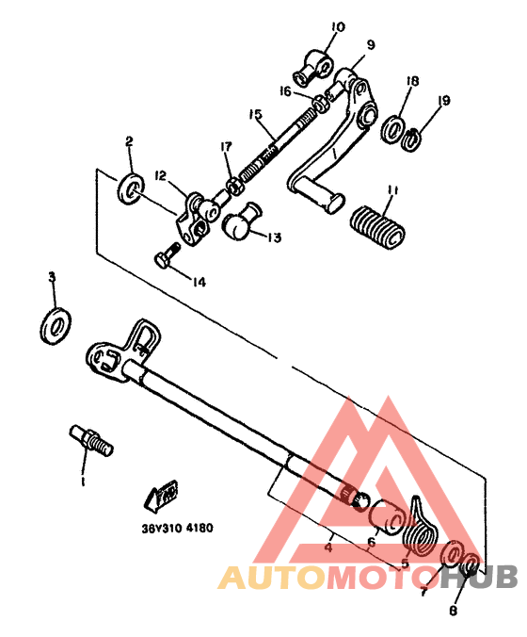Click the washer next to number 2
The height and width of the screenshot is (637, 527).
coord(132,185)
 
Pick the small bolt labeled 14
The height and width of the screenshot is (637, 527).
coord(167,256)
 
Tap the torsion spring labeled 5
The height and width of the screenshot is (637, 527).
coord(422,529)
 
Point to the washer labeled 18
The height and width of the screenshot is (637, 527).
coord(393,126)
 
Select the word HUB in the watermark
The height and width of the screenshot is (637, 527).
coord(481,577)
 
